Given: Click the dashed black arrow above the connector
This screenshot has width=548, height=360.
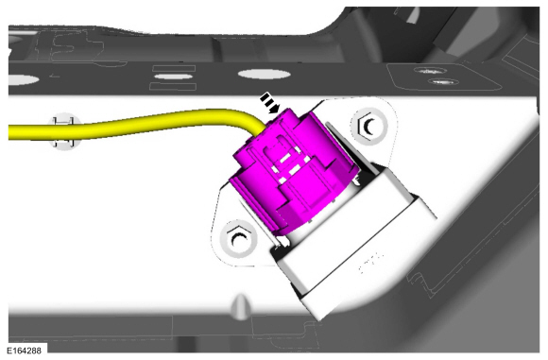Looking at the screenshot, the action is (x=270, y=103).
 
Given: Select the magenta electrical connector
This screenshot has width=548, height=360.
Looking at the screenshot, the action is (x=294, y=171).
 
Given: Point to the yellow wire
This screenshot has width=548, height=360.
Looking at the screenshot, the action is (x=133, y=125).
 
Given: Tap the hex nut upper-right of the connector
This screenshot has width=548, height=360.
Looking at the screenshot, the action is (x=369, y=126).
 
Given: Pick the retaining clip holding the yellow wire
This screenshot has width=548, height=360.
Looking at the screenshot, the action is (x=64, y=131).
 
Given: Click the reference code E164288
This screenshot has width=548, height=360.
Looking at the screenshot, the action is (x=24, y=351).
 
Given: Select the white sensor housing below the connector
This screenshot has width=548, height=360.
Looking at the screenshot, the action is (x=353, y=241).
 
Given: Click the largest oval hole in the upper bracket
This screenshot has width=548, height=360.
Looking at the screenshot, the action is (x=265, y=74).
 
